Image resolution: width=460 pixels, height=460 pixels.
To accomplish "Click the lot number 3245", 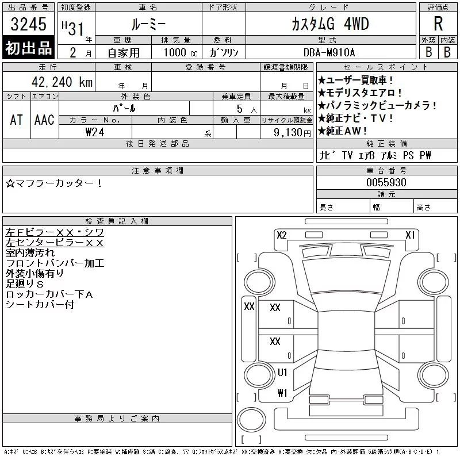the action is coord(28,24).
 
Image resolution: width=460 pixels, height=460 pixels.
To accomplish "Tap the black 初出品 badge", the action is coord(28,48).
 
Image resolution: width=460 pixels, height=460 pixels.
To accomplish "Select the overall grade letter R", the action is coord(438,24).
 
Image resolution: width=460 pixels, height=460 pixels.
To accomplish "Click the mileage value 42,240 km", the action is coord(62,82).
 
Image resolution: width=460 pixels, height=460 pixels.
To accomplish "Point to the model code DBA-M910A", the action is coord(329,52).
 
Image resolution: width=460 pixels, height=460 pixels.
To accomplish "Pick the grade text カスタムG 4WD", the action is coord(330,24).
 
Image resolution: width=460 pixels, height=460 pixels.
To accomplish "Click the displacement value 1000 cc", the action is coord(181,52).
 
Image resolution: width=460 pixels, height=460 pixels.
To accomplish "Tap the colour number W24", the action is coord(95,132).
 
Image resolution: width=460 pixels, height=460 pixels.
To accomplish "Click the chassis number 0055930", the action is coord(386,182).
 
